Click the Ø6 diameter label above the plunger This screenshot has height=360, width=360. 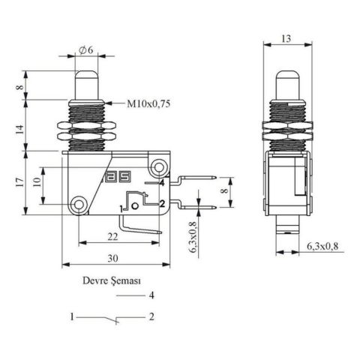(85, 50)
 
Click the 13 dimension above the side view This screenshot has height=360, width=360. (286, 37)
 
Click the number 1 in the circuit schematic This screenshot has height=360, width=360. (73, 317)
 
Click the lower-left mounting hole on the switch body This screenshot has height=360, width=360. (79, 203)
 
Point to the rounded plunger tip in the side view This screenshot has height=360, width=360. (286, 78)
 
